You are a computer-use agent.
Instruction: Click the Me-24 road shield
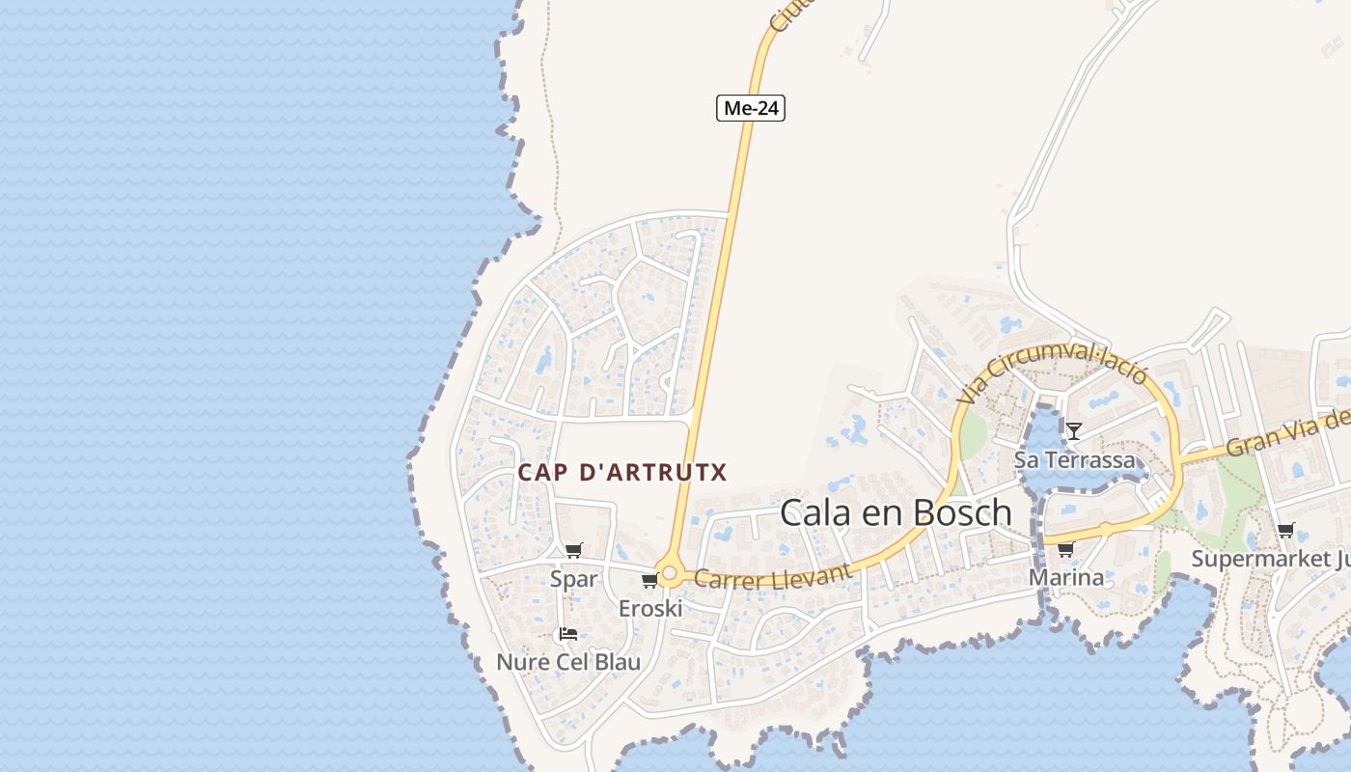[751, 108]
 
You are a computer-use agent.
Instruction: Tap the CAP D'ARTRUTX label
[622, 473]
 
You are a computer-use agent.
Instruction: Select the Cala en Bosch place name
[896, 513]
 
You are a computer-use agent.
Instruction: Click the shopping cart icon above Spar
[574, 550]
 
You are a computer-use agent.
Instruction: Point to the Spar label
[574, 579]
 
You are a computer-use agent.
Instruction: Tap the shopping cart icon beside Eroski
[649, 580]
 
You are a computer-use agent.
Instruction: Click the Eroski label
[650, 609]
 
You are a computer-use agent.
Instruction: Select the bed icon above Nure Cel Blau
[568, 634]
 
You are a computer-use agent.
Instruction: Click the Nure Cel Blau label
[568, 662]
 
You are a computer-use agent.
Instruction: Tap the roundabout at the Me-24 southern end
[669, 572]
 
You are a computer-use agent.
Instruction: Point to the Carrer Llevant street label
[774, 577]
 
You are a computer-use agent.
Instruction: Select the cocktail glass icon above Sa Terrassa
[1074, 430]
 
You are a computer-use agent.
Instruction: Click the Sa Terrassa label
[1074, 459]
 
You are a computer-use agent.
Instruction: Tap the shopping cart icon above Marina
[1065, 549]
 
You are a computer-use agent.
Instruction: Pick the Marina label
[1065, 577]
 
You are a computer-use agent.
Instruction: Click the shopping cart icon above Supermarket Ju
[1285, 530]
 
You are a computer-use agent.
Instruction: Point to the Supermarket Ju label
[1270, 559]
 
